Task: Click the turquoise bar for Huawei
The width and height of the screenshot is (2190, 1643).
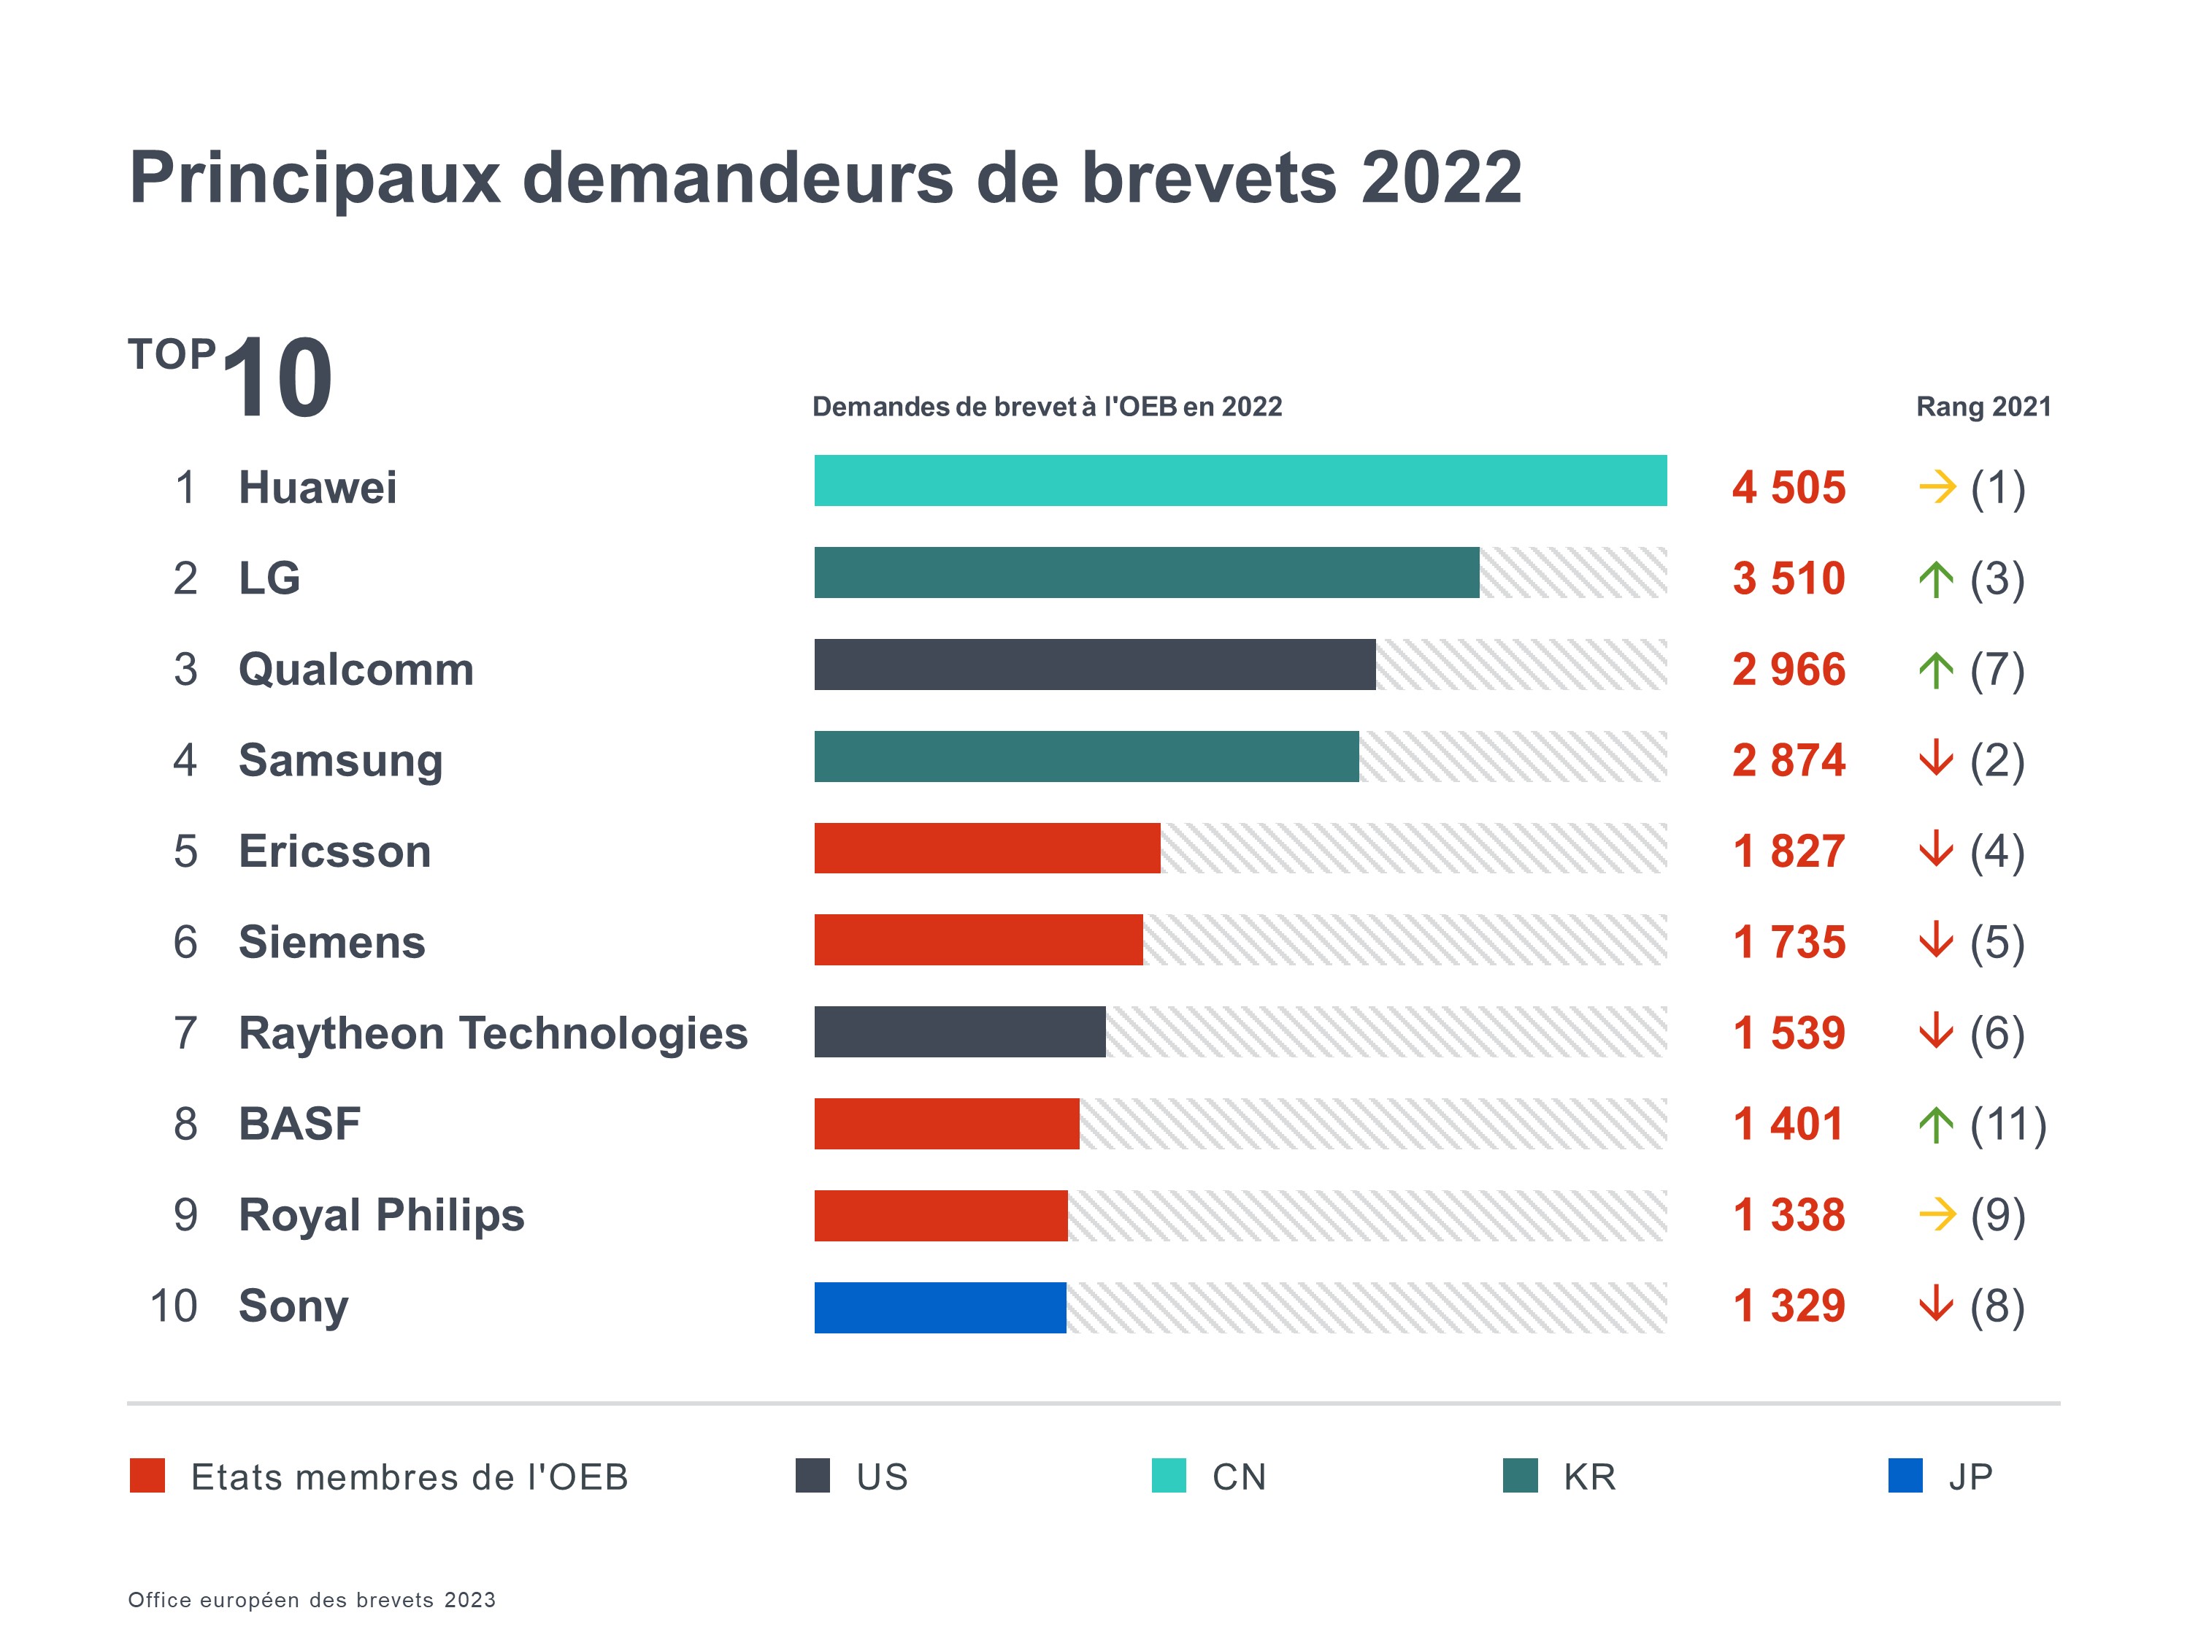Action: click(x=1240, y=480)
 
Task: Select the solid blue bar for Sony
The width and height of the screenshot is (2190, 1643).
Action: click(x=940, y=1307)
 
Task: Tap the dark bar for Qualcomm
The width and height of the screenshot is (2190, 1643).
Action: click(x=1094, y=665)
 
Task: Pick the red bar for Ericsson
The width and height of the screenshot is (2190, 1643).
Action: click(x=987, y=848)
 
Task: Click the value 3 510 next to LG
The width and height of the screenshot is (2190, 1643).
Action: click(x=1788, y=578)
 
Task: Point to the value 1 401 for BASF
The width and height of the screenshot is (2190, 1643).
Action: click(x=1788, y=1124)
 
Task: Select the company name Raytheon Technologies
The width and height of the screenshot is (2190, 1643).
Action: click(x=493, y=1033)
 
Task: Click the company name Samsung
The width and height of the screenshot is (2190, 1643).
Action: click(x=341, y=761)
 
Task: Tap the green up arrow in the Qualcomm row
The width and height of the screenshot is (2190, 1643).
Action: click(x=1935, y=670)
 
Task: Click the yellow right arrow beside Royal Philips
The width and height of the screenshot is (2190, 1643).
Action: click(x=1937, y=1214)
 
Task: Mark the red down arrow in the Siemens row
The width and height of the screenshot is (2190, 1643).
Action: click(x=1935, y=941)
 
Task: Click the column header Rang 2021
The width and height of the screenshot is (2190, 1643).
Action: click(x=1983, y=407)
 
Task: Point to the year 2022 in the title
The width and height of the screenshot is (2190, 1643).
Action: click(x=1440, y=178)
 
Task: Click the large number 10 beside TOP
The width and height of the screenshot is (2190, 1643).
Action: click(x=277, y=378)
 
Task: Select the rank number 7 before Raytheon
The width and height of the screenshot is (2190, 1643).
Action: click(x=185, y=1033)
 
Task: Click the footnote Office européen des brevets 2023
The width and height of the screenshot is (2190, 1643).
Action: click(x=312, y=1599)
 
